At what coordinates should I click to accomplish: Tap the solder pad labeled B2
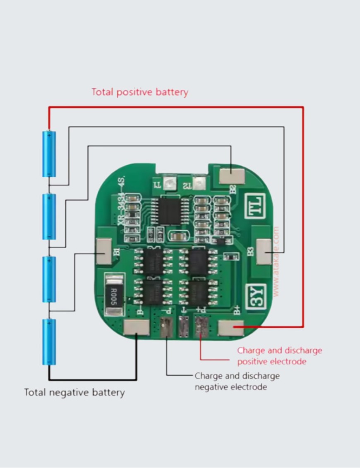click(x=232, y=176)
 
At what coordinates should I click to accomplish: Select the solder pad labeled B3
click(x=264, y=252)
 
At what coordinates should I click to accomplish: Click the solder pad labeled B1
click(x=103, y=251)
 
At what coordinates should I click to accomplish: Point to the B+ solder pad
click(x=231, y=328)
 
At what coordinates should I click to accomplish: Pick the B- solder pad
click(x=136, y=328)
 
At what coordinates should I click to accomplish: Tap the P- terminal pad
click(x=166, y=327)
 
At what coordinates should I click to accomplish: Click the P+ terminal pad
click(x=201, y=327)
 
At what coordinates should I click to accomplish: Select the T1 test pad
click(x=169, y=182)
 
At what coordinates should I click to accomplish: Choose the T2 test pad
click(x=199, y=182)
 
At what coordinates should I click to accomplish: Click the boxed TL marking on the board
click(x=255, y=206)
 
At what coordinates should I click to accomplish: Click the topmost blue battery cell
click(x=49, y=154)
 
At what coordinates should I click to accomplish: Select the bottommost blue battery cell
click(x=49, y=342)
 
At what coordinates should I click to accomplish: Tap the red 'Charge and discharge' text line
click(x=279, y=350)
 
